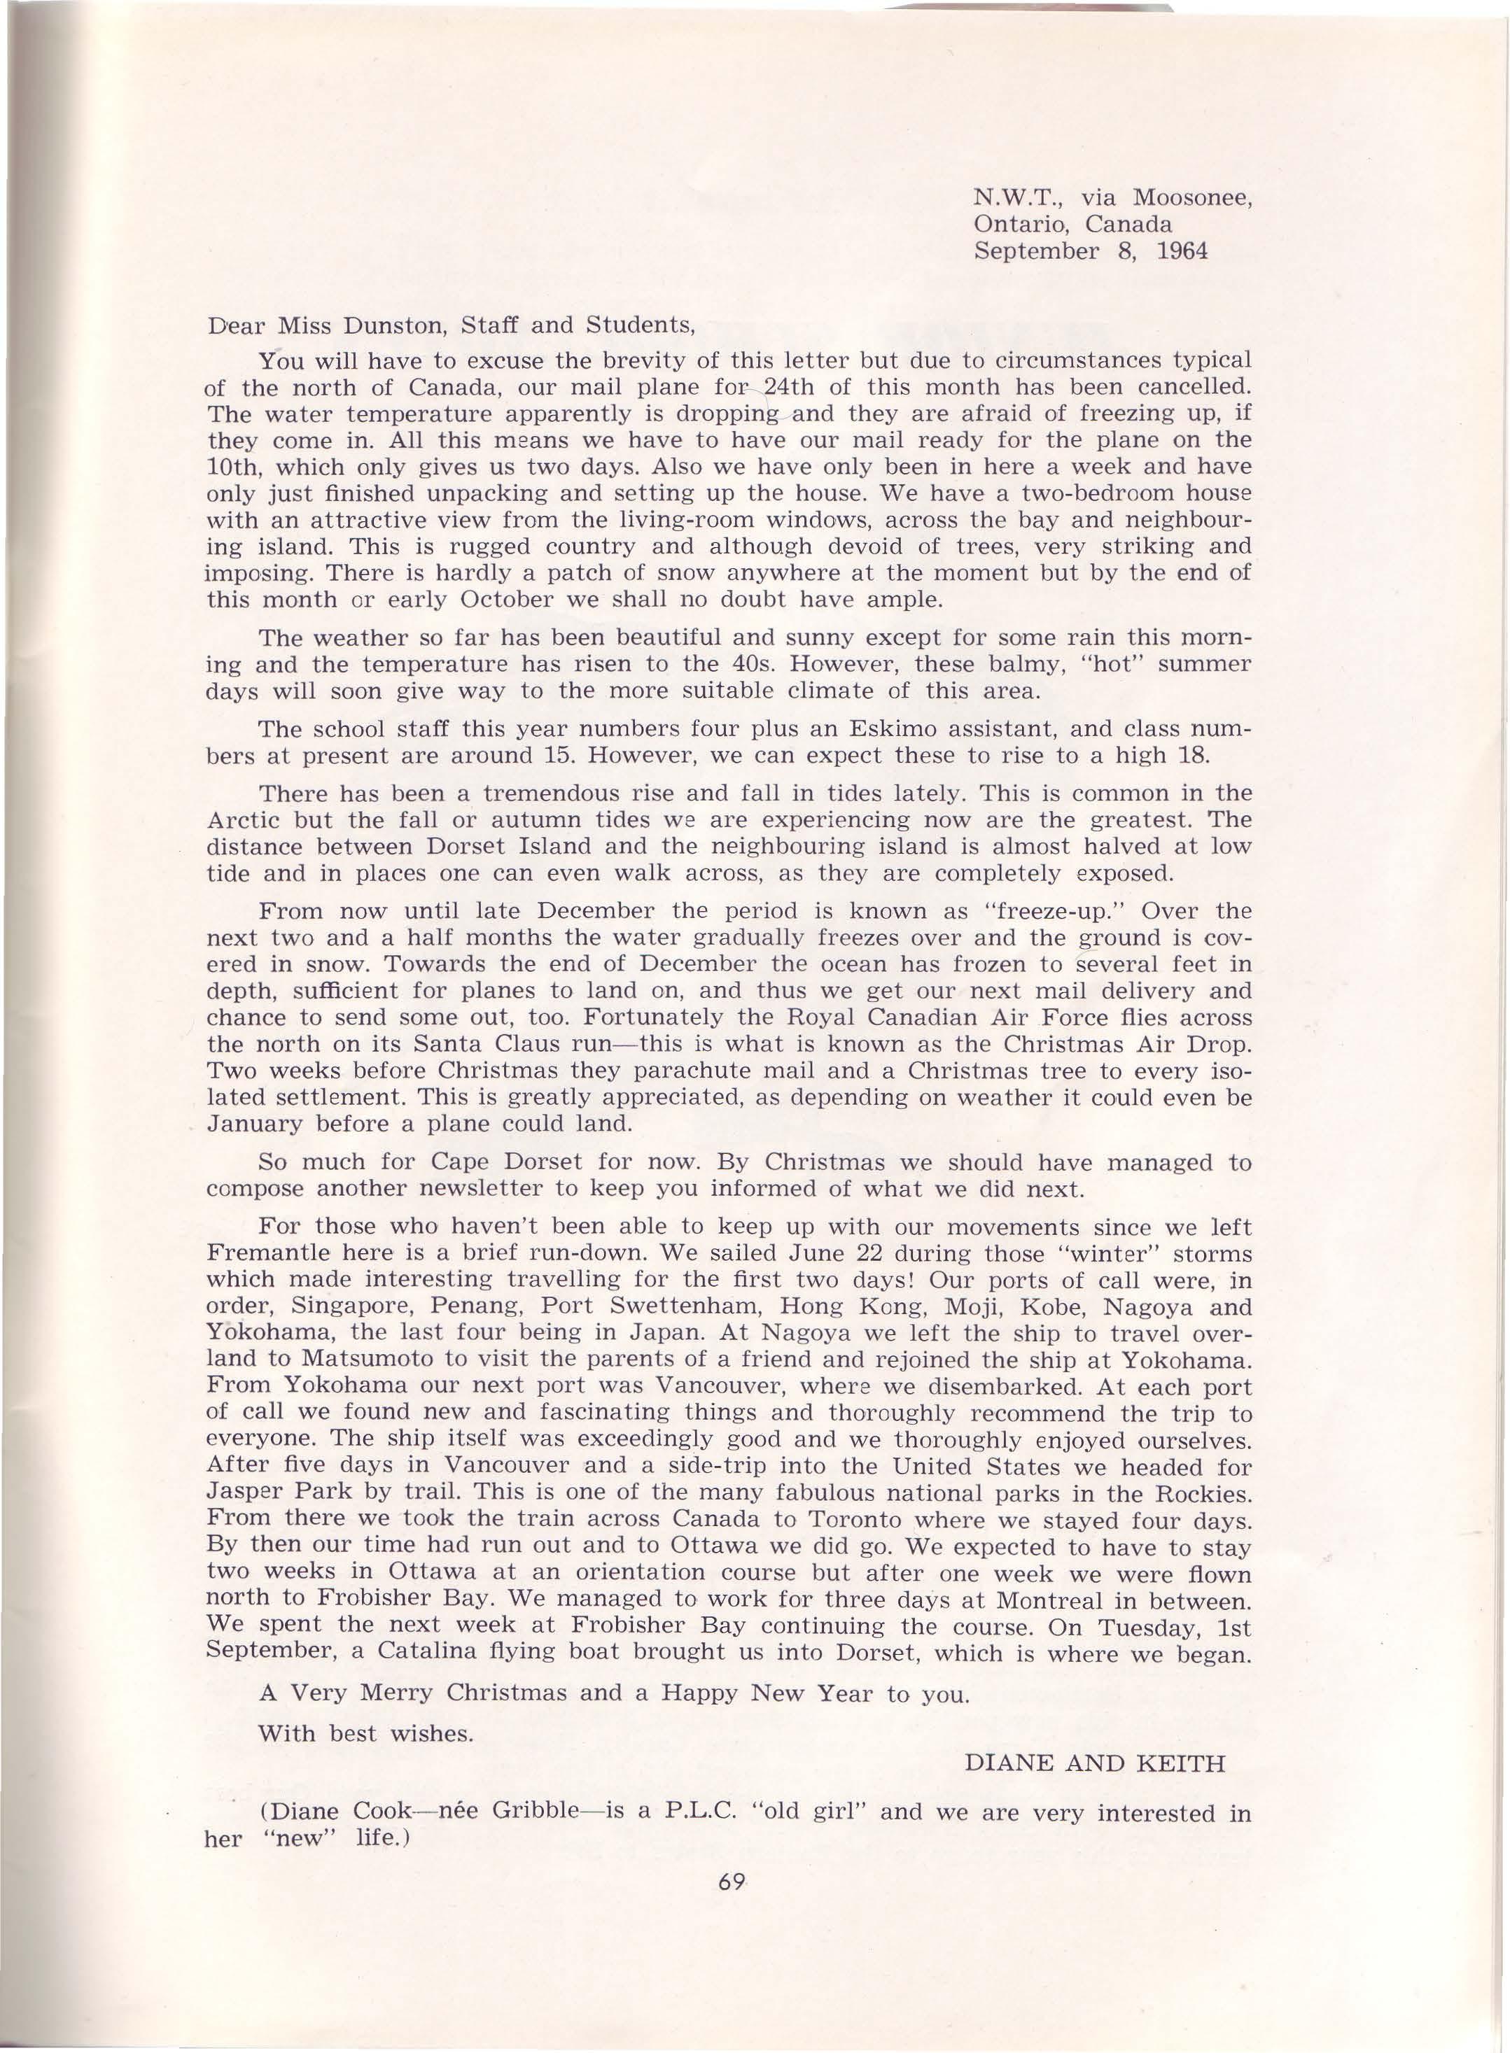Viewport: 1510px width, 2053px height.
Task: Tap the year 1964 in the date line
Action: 1182,251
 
